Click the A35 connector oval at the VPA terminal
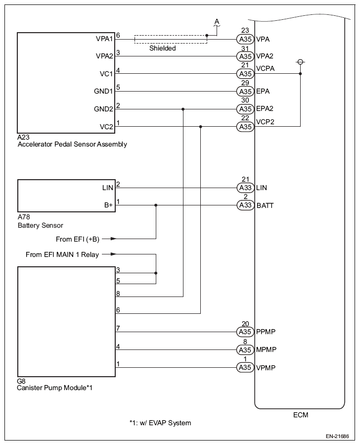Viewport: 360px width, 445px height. point(245,39)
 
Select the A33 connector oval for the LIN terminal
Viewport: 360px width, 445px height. point(245,188)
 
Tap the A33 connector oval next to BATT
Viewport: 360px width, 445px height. point(245,205)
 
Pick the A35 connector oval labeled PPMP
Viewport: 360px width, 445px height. point(245,332)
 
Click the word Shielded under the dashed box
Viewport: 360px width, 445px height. point(162,48)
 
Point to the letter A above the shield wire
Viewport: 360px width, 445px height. point(217,22)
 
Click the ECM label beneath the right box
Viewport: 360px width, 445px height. point(301,415)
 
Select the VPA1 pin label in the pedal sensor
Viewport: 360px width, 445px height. point(104,39)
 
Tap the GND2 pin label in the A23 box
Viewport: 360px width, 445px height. point(103,109)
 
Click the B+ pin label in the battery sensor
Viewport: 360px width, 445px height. point(109,205)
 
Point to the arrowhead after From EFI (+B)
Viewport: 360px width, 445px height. point(113,239)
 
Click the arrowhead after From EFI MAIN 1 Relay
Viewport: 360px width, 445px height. point(113,254)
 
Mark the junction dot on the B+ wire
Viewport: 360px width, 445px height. point(156,205)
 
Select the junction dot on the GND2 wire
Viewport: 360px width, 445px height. point(183,109)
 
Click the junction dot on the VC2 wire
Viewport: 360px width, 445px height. point(201,127)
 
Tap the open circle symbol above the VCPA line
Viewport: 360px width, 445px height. point(301,62)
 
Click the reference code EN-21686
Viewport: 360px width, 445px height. point(337,436)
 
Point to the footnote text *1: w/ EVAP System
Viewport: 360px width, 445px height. point(160,423)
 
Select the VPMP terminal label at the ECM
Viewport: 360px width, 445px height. point(266,367)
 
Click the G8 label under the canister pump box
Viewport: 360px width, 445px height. point(21,381)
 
